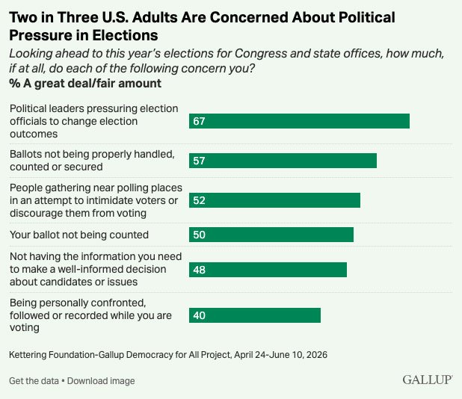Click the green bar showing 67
coord(299,121)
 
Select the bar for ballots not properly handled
coord(283,161)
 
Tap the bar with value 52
coord(274,200)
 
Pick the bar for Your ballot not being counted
coord(271,235)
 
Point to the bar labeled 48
coord(268,270)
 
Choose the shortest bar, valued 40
coord(255,315)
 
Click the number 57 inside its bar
coord(199,161)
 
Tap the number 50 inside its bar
coord(199,235)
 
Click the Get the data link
coord(34,381)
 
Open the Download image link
coord(101,381)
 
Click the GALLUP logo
coord(428,380)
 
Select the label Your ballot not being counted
coord(79,235)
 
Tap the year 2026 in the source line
coord(317,354)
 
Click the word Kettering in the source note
coord(28,354)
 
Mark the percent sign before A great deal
coord(15,84)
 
